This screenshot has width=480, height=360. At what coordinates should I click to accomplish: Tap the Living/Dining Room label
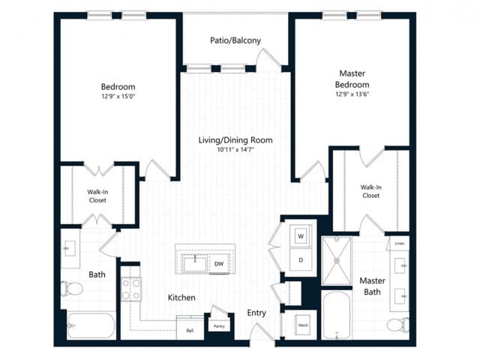235,140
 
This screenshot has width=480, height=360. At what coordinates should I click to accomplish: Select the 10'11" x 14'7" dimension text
235,150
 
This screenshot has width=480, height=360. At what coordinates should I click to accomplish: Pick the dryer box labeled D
301,259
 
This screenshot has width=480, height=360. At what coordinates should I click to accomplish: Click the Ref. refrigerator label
190,330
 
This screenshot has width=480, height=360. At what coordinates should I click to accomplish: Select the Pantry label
219,326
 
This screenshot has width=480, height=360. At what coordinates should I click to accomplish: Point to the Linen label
399,244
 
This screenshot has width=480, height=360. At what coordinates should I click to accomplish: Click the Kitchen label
181,298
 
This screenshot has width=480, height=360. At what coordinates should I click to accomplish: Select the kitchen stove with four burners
131,289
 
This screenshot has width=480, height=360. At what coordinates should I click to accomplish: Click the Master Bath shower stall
337,260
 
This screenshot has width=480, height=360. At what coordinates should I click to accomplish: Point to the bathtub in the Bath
91,325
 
